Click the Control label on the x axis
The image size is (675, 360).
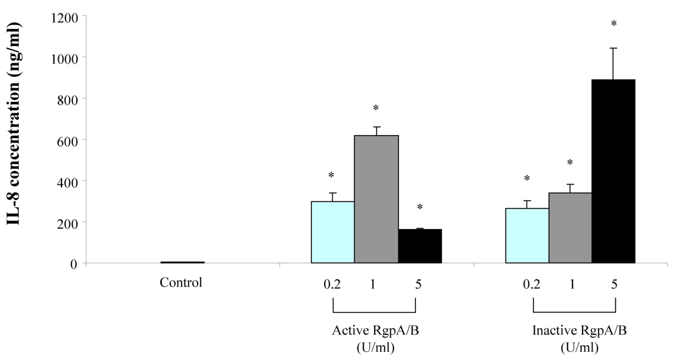(180, 282)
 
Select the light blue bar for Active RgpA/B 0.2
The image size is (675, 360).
(332, 232)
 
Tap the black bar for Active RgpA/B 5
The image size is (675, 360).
(420, 246)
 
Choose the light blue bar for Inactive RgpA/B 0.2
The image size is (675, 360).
(527, 236)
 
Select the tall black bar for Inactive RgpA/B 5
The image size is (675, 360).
(614, 172)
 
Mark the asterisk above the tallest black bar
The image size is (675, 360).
(614, 25)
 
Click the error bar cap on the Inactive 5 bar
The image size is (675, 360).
(614, 49)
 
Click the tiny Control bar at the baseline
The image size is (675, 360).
(182, 262)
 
